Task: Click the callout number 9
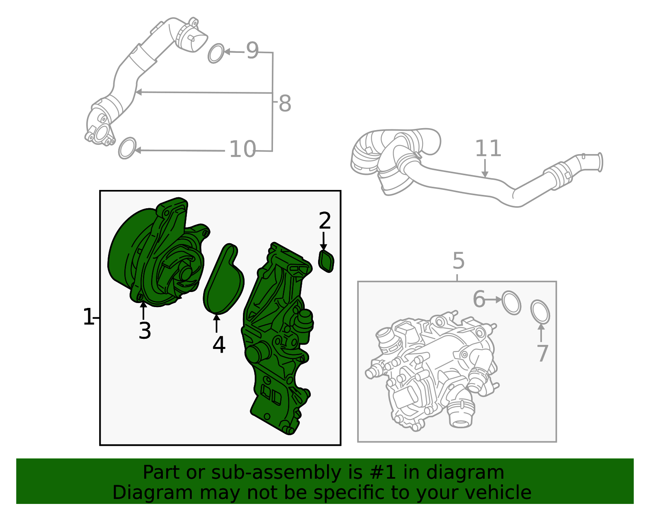252,51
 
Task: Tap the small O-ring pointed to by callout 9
216,53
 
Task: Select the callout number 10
243,150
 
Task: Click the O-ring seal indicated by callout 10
127,148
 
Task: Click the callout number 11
488,148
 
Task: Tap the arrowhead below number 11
485,174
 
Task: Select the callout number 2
325,221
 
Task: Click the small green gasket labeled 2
326,261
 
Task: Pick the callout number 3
145,331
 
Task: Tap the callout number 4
219,345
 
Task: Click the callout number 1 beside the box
88,317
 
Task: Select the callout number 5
458,261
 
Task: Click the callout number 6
479,299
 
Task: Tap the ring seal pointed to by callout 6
511,303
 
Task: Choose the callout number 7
542,353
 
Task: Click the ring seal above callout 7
540,312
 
